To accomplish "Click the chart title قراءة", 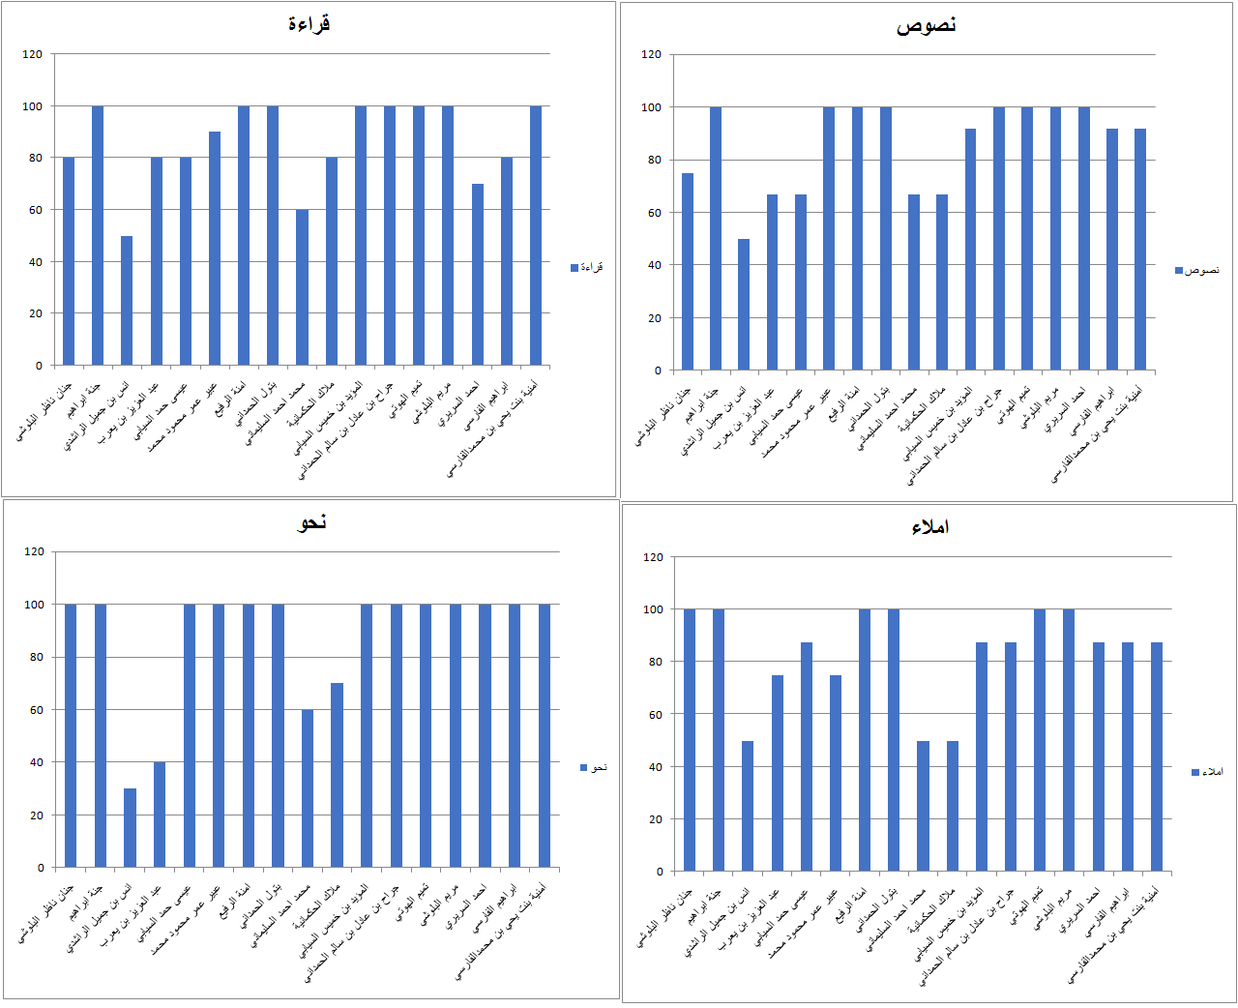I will tap(309, 24).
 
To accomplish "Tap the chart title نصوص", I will tap(927, 25).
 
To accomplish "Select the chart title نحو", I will tap(311, 522).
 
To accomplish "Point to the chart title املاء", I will tap(929, 527).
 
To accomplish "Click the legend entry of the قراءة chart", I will tap(587, 268).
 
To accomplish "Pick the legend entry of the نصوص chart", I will tap(1197, 270).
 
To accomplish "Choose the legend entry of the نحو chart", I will tap(594, 768).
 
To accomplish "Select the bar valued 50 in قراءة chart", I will tap(127, 300).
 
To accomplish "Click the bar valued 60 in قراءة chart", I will tap(302, 287).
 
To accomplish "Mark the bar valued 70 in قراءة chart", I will tap(478, 275).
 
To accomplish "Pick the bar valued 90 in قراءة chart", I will tap(215, 249).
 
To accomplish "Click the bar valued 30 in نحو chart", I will tap(130, 828).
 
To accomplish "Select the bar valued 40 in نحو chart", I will tap(160, 815).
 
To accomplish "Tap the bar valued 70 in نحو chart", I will tap(337, 775).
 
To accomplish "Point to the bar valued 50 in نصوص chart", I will tap(744, 305).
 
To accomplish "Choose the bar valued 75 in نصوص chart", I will tap(688, 272).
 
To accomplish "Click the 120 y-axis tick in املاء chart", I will tap(654, 557).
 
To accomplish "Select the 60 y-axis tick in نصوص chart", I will tap(654, 213).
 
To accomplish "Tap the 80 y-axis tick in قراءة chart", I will tap(35, 158).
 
